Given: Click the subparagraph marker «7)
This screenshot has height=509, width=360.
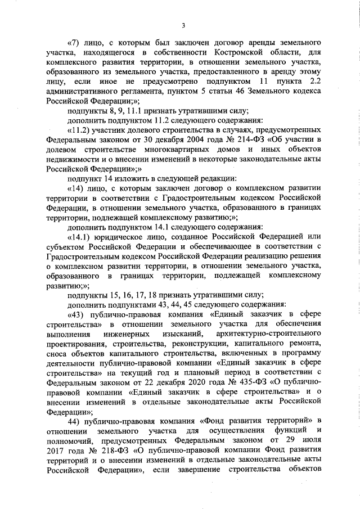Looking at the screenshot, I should click(75, 43).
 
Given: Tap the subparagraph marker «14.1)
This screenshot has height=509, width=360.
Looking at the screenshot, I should click(79, 235).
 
